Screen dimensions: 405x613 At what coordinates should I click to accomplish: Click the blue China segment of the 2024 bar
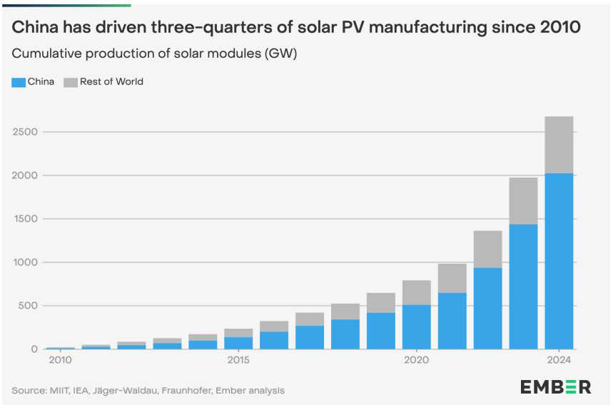[559, 261]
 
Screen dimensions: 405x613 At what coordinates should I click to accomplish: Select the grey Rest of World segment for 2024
[559, 145]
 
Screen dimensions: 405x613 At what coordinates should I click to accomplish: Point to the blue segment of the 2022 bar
[488, 308]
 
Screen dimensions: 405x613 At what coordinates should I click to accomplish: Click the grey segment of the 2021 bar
[452, 278]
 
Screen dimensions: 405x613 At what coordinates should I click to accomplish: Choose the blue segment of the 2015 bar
[238, 343]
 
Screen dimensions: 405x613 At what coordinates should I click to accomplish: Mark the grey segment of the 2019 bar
[381, 303]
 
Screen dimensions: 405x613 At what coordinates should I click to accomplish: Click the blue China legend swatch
[19, 82]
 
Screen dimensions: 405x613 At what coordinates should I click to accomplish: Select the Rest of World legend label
[111, 82]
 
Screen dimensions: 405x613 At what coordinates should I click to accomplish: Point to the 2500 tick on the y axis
[26, 132]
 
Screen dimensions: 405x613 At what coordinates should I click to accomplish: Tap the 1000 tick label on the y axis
[26, 262]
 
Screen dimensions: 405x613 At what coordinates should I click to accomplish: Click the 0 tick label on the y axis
[34, 349]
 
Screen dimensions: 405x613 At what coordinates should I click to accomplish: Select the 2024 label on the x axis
[559, 361]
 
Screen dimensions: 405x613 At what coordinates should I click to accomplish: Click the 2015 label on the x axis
[238, 361]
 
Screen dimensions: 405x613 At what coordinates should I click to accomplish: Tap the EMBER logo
[555, 387]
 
